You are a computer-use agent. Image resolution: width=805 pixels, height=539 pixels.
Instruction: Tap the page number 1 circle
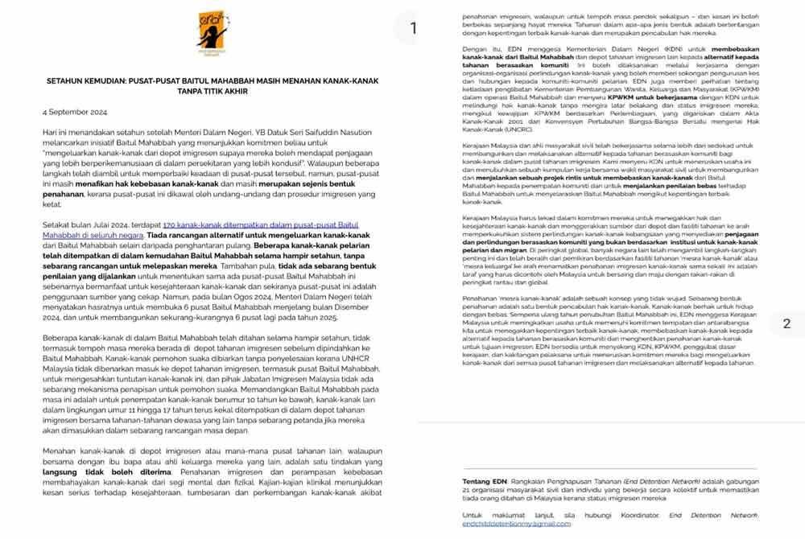point(413,28)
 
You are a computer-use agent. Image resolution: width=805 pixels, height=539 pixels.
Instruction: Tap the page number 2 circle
point(786,323)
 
